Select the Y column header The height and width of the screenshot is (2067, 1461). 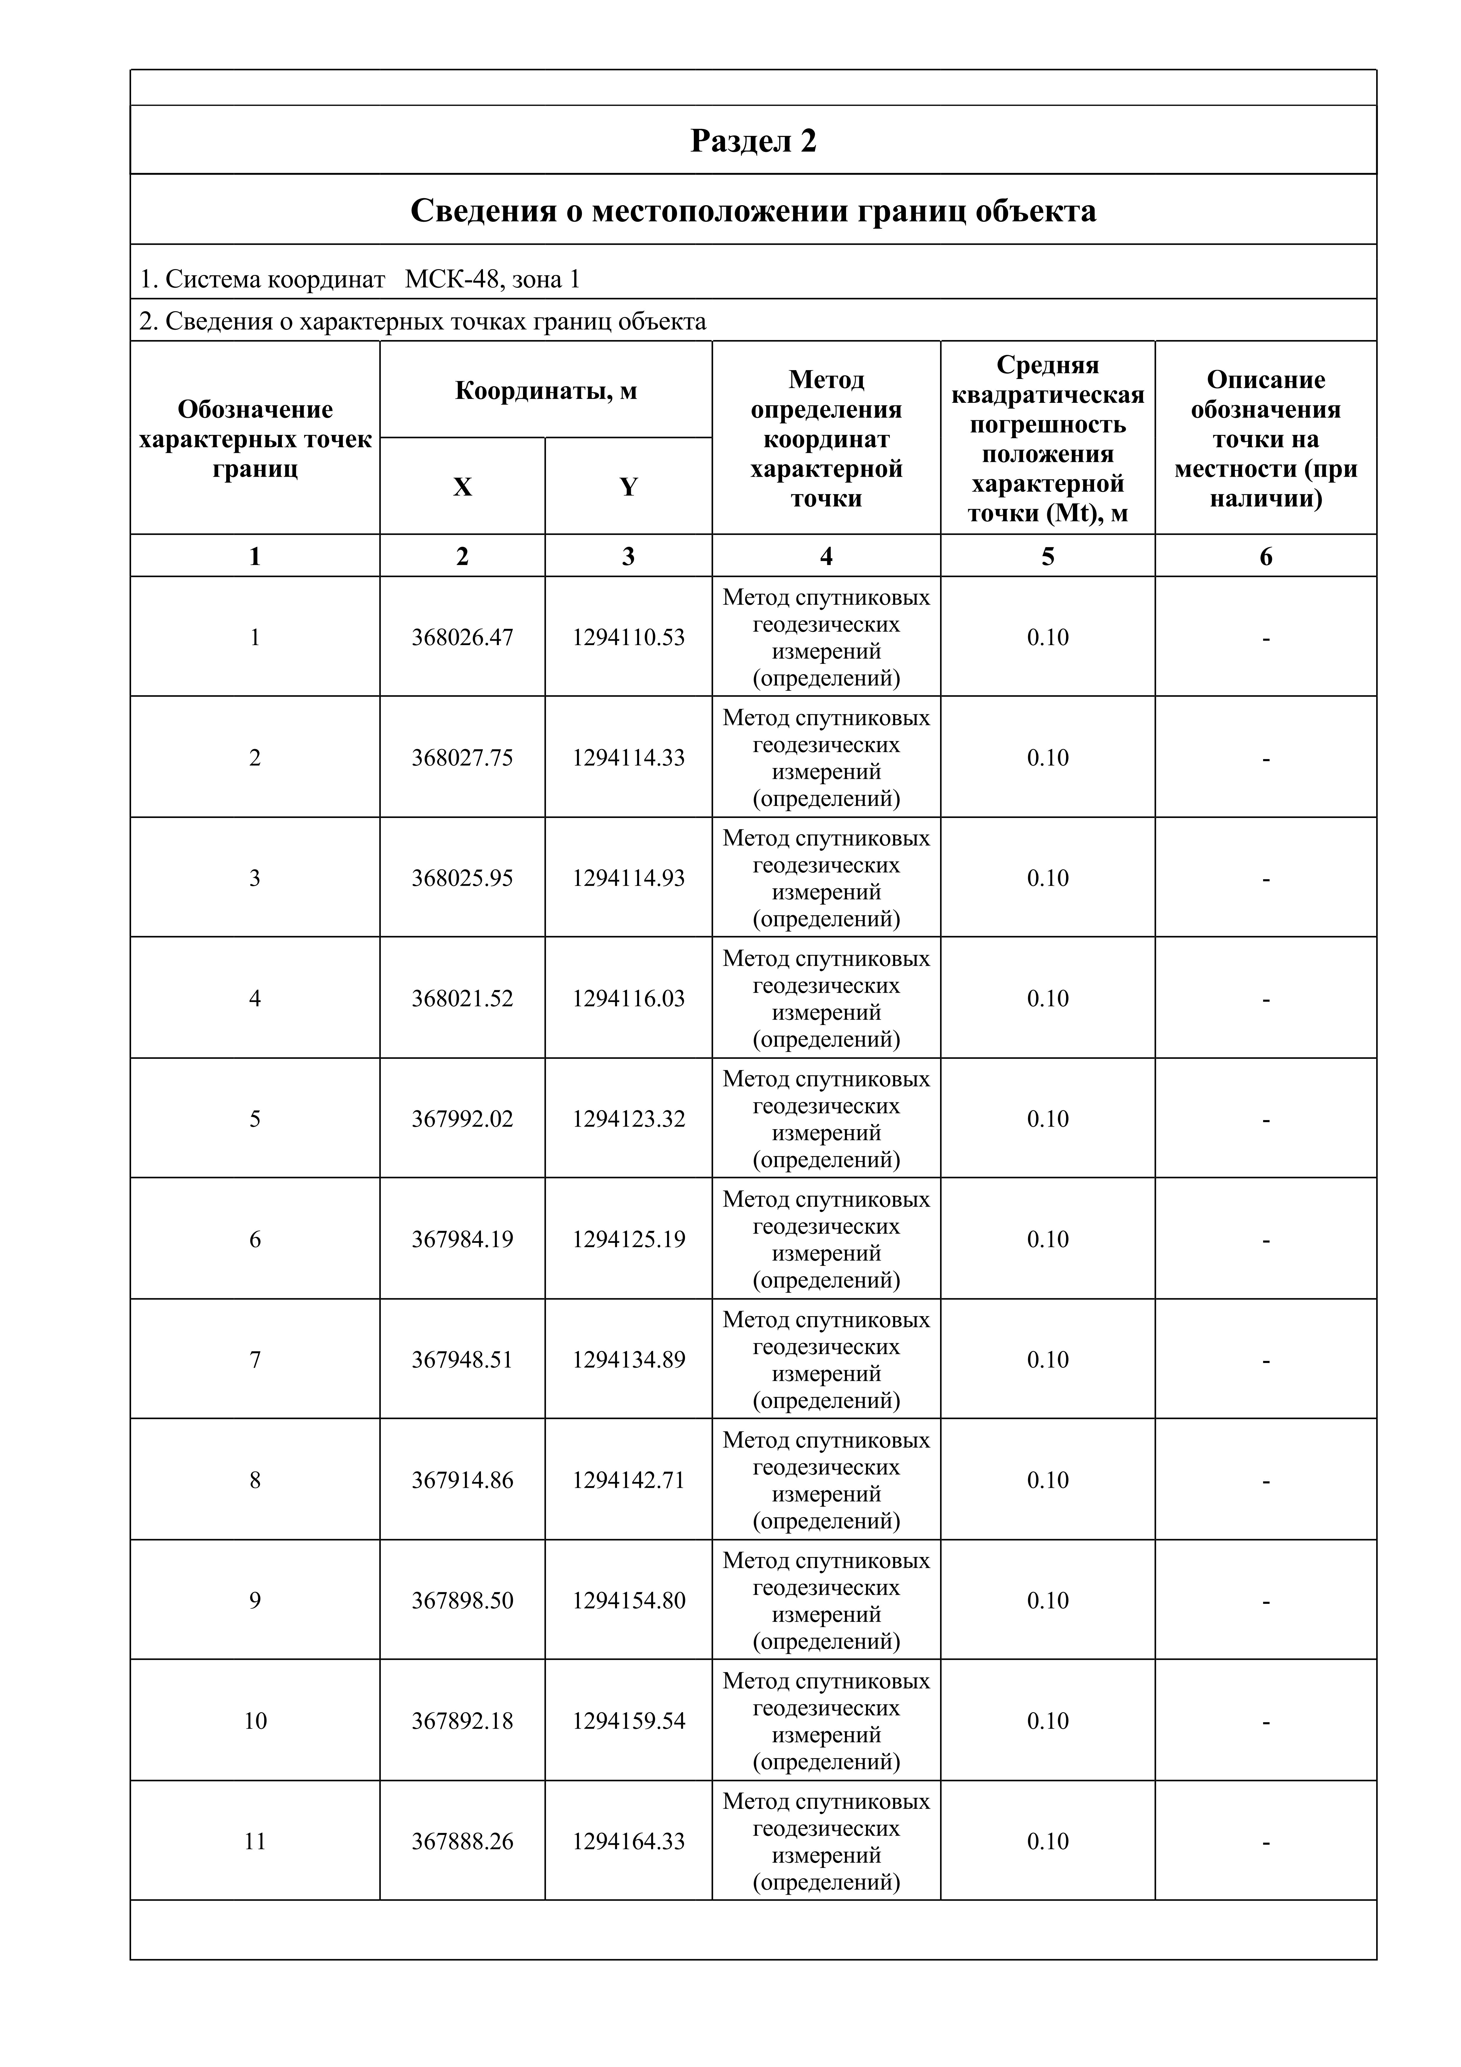pyautogui.click(x=628, y=487)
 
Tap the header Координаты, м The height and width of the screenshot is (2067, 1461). pyautogui.click(x=545, y=391)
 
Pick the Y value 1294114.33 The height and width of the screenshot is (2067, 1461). pyautogui.click(x=628, y=758)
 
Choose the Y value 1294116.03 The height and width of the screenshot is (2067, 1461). pyautogui.click(x=628, y=998)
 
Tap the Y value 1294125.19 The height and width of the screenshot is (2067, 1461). pyautogui.click(x=628, y=1240)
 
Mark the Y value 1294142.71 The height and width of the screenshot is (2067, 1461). pyautogui.click(x=628, y=1480)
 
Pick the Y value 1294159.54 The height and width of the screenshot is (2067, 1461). pyautogui.click(x=628, y=1721)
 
